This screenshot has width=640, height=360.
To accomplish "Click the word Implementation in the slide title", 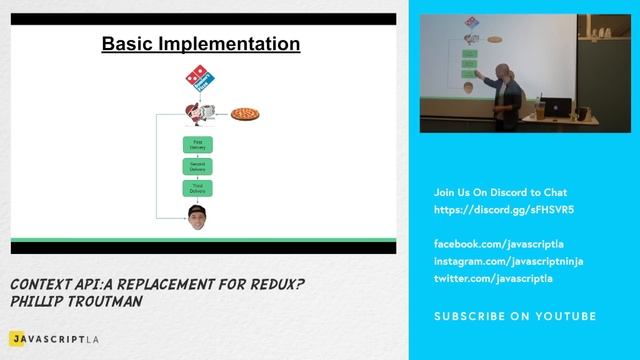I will click(238, 44).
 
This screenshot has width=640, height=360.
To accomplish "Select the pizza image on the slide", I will click(245, 115).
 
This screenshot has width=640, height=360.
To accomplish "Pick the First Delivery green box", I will click(197, 145).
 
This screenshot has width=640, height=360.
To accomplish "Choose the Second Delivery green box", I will click(197, 166).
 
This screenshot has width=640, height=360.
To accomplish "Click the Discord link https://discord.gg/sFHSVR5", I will click(504, 210).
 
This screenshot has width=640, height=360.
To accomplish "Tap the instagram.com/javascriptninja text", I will click(508, 261).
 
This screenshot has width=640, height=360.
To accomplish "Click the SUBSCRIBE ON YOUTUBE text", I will click(514, 317).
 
